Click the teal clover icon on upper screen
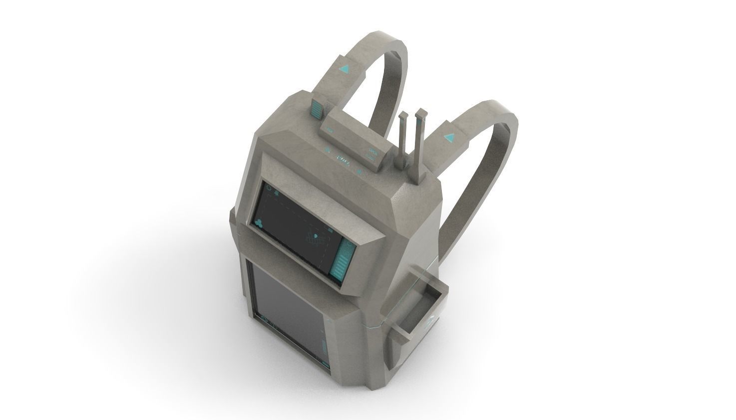pos(260,223)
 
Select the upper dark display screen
pos(295,227)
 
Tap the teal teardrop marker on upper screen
pos(316,236)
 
